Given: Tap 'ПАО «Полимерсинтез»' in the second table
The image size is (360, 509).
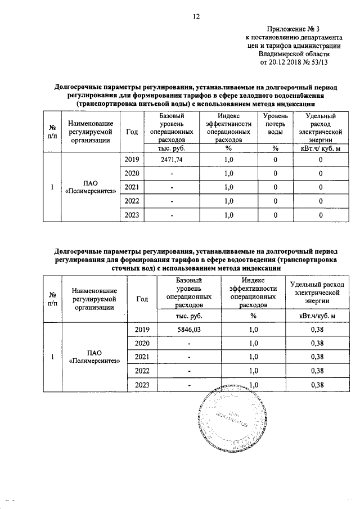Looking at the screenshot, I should (94, 357).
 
